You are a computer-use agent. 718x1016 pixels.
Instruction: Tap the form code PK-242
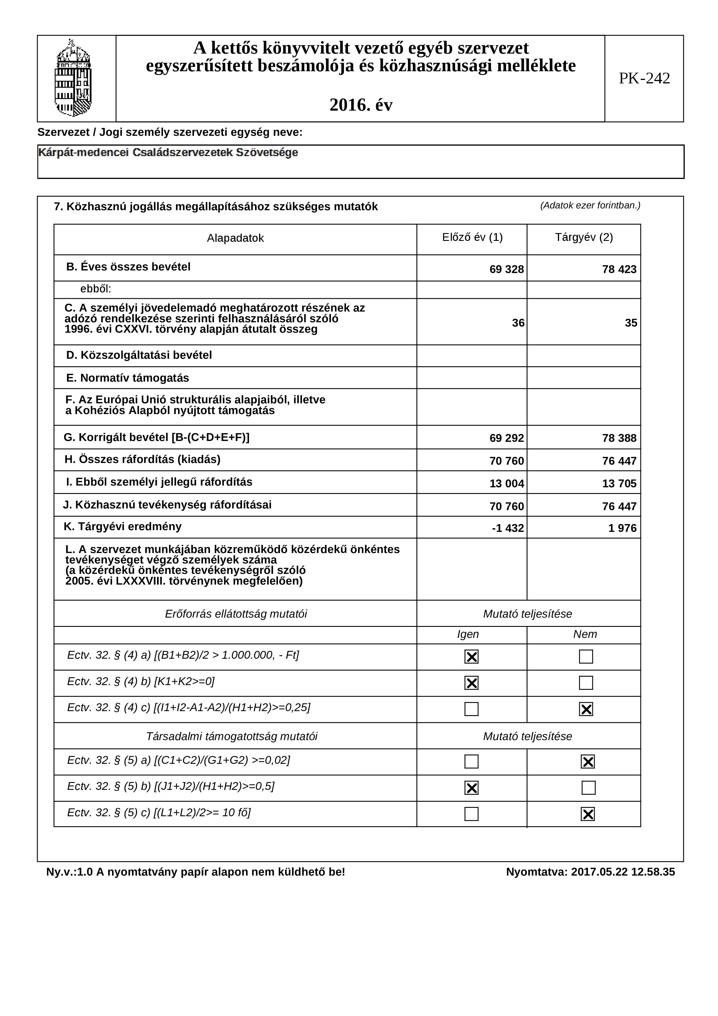click(644, 78)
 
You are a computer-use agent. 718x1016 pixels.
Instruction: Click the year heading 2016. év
click(361, 105)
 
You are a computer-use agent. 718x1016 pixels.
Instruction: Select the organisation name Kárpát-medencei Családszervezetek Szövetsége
click(168, 153)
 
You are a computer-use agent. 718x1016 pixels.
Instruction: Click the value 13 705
click(619, 483)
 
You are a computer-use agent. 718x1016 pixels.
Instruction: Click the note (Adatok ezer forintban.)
click(590, 205)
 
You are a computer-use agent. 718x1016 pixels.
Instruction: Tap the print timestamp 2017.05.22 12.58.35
click(623, 872)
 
